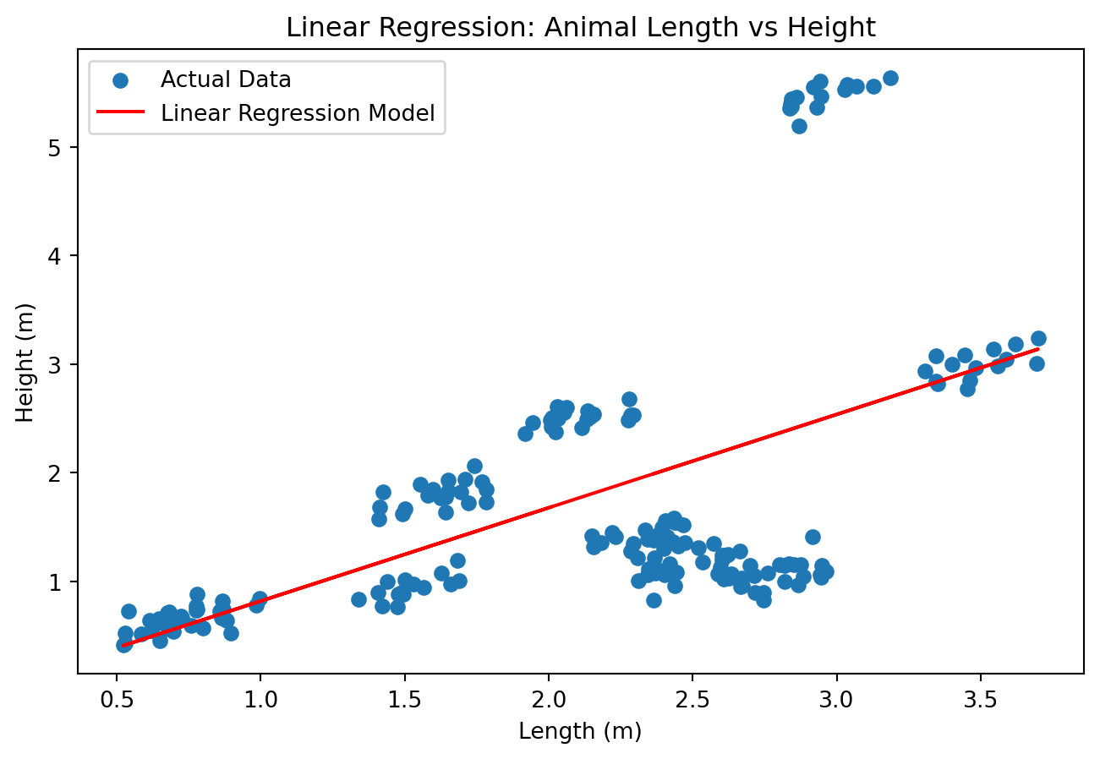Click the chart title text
pos(580,28)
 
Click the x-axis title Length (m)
pos(580,731)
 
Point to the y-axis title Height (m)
pos(25,363)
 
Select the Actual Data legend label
pos(226,80)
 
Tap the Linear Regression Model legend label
pos(298,113)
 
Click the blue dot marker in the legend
pos(121,80)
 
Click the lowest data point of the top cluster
pos(799,126)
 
